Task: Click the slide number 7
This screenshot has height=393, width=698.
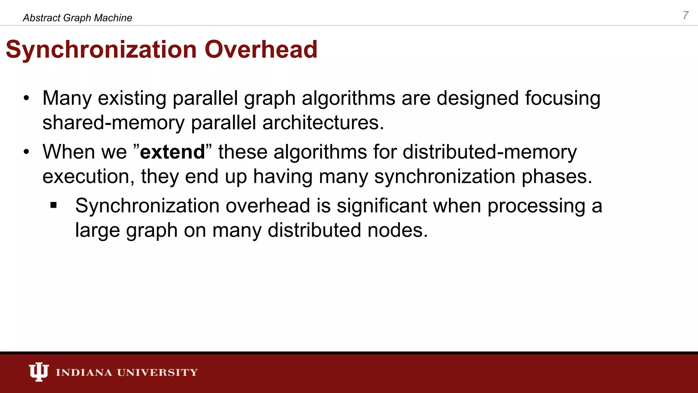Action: coord(685,15)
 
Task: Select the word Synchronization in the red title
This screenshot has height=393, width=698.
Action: coord(101,49)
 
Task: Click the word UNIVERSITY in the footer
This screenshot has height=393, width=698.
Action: coord(157,372)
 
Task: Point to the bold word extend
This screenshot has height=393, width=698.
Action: coord(172,152)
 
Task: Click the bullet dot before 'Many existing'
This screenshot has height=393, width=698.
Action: coord(27,99)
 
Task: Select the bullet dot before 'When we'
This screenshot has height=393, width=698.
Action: coord(27,152)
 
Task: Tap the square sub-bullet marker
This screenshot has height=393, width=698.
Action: coord(54,205)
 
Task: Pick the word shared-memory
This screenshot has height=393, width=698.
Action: coord(113,122)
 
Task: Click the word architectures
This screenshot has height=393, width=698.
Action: coord(323,122)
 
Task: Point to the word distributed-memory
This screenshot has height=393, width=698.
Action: coord(490,152)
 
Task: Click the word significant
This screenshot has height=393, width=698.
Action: coord(382,206)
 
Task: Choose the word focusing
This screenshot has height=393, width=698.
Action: coord(562,99)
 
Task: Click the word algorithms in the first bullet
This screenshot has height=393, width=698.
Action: coord(348,99)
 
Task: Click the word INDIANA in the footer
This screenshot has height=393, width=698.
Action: coord(84,372)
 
